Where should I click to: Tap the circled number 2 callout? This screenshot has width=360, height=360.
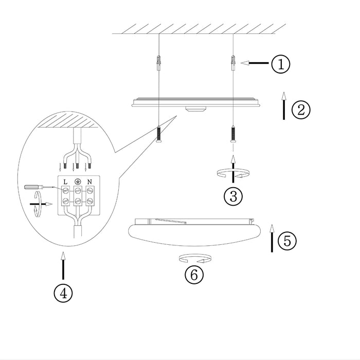pos(301,109)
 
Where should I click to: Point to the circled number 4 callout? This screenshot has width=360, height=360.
pos(63,294)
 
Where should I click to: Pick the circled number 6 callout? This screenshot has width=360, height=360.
pos(194,275)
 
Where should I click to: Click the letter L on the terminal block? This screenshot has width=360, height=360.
pos(66,182)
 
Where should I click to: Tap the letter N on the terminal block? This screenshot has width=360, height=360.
pos(89,182)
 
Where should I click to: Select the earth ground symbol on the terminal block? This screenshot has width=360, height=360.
pos(78,182)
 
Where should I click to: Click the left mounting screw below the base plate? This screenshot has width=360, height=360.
pos(159,136)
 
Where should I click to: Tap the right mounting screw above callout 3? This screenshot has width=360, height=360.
pos(233,135)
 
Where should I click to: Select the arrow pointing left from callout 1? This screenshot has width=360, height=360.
pos(255,64)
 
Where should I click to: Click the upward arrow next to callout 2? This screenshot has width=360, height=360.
pos(283,106)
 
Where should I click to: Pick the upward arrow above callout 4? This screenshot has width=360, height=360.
pos(63,265)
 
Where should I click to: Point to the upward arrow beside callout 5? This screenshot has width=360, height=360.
pos(271,239)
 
